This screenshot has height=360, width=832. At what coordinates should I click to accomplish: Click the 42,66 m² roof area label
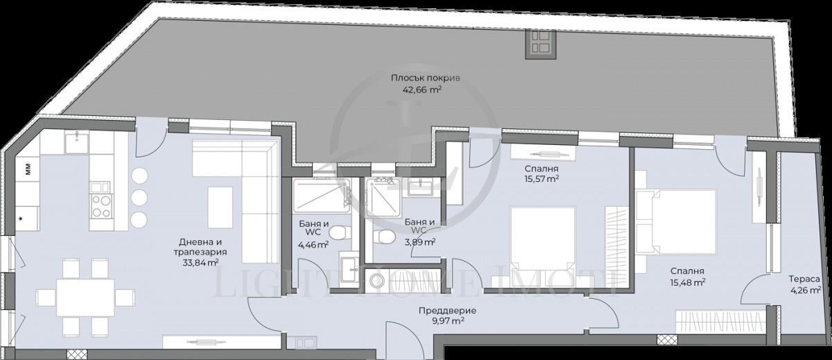point(422,90)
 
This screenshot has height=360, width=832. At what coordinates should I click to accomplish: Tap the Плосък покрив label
point(425,78)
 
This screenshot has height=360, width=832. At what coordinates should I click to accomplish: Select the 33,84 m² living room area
point(200,263)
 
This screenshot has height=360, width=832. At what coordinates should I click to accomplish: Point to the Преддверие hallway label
point(447,311)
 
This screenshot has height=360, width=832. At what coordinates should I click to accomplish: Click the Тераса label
point(804,279)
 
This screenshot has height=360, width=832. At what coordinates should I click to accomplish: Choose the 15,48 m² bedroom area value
point(687,283)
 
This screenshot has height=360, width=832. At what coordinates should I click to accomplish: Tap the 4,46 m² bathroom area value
point(313,244)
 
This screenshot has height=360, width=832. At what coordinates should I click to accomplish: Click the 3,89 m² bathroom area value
point(419,243)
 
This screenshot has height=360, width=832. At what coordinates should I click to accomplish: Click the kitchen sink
point(77,142)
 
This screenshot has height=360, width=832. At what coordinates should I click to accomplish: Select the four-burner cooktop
point(101,206)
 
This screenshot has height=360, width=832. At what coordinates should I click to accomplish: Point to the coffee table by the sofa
point(220,207)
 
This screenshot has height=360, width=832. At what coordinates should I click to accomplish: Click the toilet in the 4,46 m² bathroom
point(340,234)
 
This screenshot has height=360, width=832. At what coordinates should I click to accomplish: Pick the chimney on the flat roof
point(541,44)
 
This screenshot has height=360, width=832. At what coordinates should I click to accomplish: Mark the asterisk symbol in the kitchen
point(21,218)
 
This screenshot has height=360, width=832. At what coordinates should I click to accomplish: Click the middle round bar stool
point(139,197)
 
